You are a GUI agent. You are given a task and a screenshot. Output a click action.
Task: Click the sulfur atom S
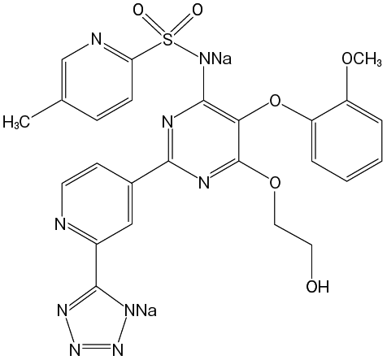pos(168,41)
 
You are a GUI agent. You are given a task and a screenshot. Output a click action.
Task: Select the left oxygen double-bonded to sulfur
pos(138,11)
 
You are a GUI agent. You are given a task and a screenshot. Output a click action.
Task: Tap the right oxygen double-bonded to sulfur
pos(197,11)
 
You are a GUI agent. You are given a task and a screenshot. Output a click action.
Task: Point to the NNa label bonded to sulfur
pos(215,59)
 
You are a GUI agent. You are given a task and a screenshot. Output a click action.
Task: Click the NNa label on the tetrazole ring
pos(141,310)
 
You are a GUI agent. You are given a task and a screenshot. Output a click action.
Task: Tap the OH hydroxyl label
pos(318,286)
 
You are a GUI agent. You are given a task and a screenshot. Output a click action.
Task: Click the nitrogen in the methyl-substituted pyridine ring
pos(96,41)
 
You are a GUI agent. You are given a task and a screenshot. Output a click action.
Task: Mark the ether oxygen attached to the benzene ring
pos(275,101)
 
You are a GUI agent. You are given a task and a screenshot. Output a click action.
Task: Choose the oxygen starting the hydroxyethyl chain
pos(275,183)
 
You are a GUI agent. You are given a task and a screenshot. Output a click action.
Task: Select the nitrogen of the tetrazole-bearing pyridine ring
pos(60,223)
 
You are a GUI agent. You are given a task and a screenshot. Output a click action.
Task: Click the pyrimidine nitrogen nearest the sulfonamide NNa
pos(168,121)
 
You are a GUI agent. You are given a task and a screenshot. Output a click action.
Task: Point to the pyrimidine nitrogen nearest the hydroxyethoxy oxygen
pos(204,183)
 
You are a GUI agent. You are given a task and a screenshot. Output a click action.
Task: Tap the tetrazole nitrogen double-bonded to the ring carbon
pos(63,310)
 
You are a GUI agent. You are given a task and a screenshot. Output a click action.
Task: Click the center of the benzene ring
pos(347,141)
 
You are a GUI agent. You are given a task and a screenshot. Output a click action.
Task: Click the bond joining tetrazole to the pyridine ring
pos(96,266)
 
